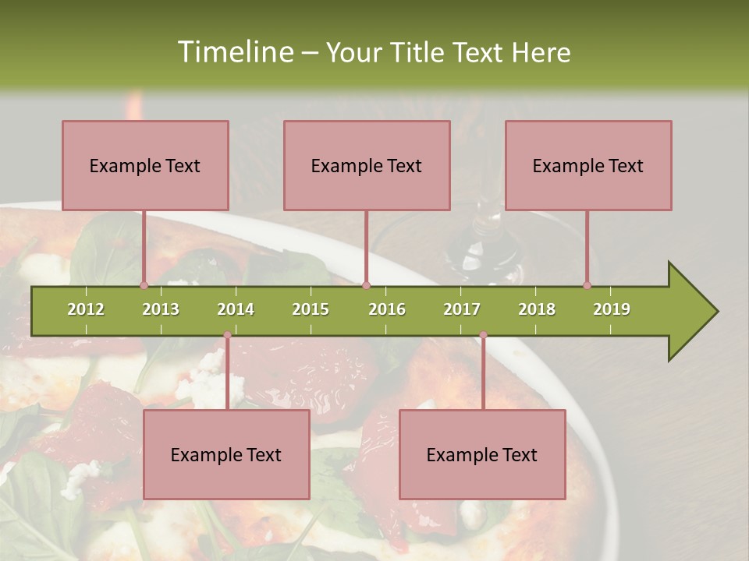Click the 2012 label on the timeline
click(x=86, y=309)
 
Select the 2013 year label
click(x=161, y=309)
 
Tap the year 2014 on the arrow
click(x=236, y=309)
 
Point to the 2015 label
click(x=311, y=309)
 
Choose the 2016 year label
click(x=387, y=309)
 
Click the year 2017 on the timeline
click(x=462, y=309)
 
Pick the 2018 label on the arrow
click(x=537, y=309)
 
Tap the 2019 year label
click(x=612, y=309)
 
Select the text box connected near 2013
click(x=145, y=165)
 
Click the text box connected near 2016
click(x=367, y=165)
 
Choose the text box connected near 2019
click(x=588, y=165)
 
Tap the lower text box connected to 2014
click(x=226, y=454)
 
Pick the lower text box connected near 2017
click(x=482, y=454)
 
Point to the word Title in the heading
click(x=417, y=53)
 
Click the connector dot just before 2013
click(x=144, y=285)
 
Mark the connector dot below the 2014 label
click(x=227, y=335)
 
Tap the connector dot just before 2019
click(x=587, y=285)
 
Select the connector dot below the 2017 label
click(x=483, y=335)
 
